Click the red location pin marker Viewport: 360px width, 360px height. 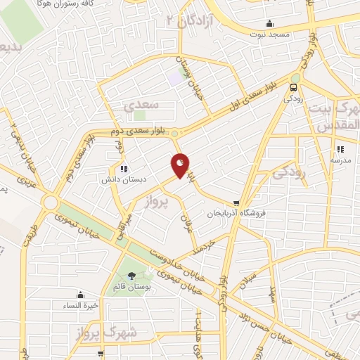181,165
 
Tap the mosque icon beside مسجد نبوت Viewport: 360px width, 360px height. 270,23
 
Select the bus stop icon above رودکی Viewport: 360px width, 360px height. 293,89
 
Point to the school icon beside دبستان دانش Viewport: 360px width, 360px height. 124,168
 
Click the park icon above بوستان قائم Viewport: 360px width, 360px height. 131,276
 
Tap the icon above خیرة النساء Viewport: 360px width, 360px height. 80,295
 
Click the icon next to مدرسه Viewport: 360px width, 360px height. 340,149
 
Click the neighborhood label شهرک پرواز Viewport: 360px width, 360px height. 110,331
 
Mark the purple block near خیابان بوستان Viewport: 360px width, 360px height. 174,79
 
